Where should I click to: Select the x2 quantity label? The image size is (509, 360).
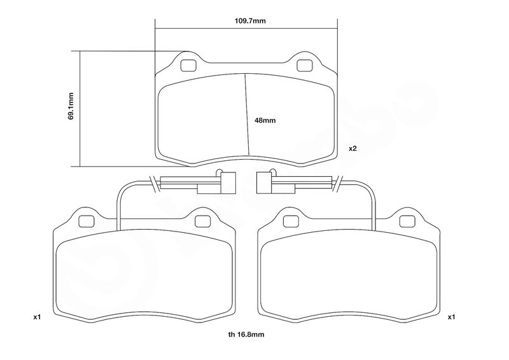click(352, 148)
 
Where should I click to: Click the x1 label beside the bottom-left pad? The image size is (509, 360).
click(36, 316)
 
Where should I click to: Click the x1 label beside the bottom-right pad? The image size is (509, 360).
click(451, 316)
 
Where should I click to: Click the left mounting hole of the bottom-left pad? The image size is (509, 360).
click(85, 220)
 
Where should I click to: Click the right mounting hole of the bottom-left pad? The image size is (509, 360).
click(202, 220)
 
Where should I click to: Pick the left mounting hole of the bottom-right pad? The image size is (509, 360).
click(289, 220)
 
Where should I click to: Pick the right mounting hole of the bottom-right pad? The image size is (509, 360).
click(406, 220)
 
